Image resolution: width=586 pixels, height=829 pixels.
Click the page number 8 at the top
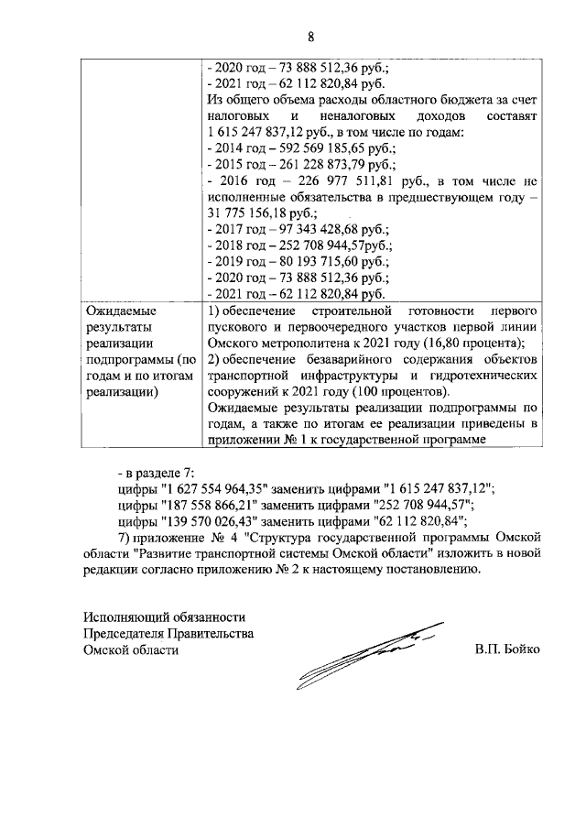310,38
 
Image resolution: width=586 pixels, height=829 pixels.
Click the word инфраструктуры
351,377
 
